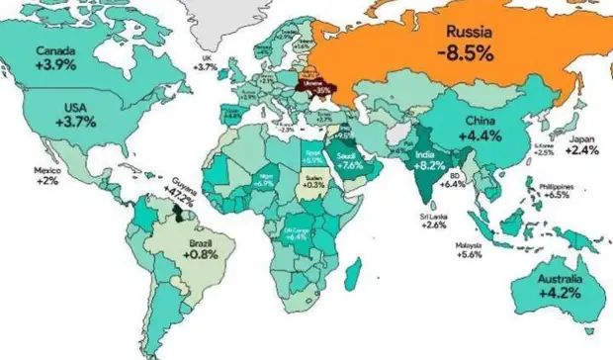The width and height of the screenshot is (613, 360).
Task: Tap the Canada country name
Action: coord(58,50)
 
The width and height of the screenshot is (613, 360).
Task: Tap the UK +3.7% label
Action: coord(205,61)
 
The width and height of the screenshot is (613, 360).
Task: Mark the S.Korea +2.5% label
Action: coord(545,149)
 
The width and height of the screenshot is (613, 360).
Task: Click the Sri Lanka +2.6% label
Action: coord(434,220)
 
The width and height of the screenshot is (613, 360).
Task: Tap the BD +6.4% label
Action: coord(453,179)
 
